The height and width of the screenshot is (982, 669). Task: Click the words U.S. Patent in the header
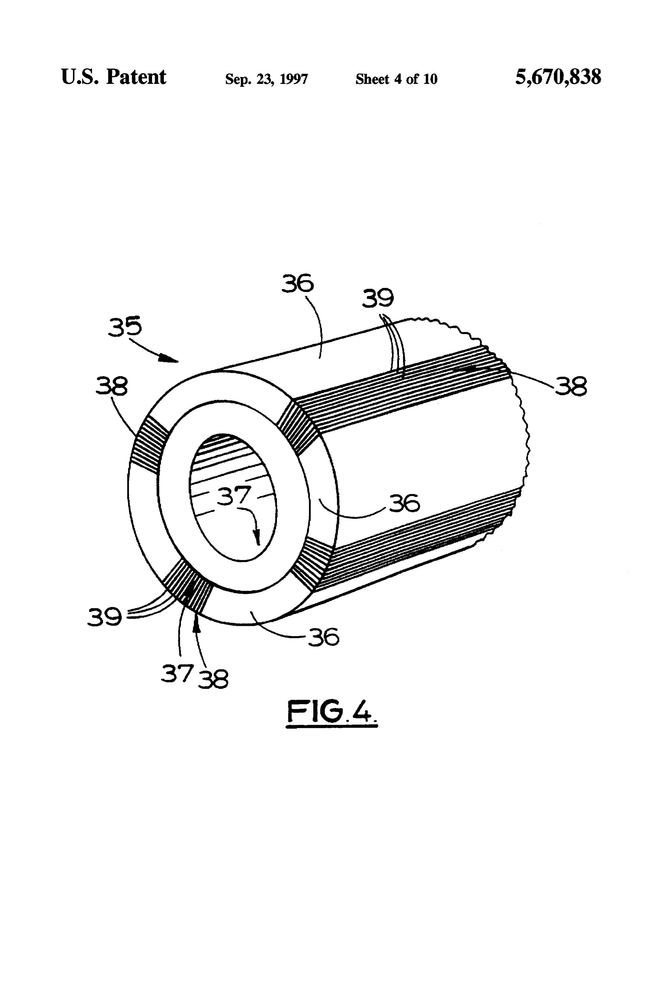[x=113, y=77]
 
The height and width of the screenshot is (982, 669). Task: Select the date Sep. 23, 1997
[x=266, y=79]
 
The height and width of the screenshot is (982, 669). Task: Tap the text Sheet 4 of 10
[x=396, y=79]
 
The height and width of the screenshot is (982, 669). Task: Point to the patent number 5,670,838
[x=558, y=77]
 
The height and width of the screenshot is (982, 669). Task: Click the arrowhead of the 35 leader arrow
[x=171, y=360]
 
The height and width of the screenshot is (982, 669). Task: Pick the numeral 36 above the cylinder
[x=298, y=283]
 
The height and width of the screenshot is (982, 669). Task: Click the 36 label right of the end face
[x=404, y=503]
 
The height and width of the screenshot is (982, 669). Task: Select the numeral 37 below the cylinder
[x=177, y=674]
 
